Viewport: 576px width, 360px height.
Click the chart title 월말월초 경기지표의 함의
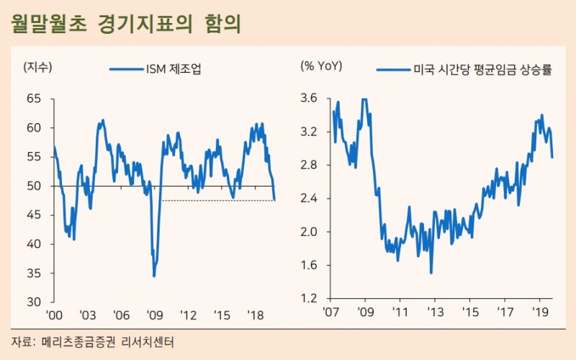(x=125, y=23)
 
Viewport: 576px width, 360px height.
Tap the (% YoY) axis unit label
(x=321, y=67)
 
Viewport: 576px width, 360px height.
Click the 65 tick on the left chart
(x=35, y=99)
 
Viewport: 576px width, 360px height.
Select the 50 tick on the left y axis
(x=35, y=186)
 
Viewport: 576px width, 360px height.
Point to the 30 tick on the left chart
(x=35, y=302)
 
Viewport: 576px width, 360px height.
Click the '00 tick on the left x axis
(x=54, y=316)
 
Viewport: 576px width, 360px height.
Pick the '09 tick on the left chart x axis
(x=154, y=316)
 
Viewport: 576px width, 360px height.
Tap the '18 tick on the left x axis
(x=256, y=316)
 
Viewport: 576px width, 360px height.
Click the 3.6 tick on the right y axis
(x=310, y=99)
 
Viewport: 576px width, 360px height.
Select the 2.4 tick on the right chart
(x=310, y=198)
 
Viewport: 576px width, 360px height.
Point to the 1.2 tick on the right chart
(x=310, y=298)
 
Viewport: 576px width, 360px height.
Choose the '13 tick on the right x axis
(x=434, y=313)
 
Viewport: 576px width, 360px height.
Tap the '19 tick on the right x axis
(x=540, y=313)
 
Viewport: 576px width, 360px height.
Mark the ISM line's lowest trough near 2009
(x=154, y=276)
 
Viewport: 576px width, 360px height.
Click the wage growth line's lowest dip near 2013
(x=431, y=273)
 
